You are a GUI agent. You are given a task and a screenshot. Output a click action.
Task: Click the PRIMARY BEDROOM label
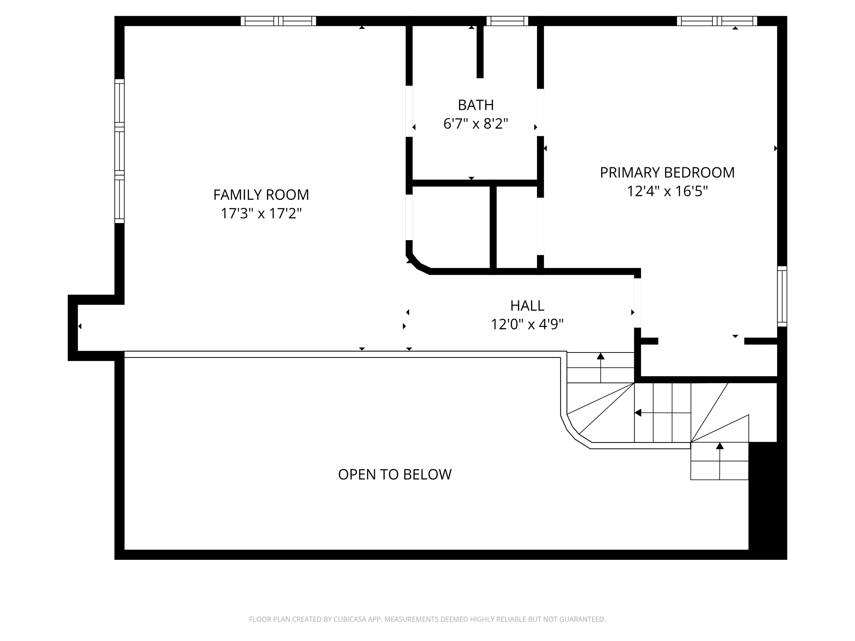pos(667,173)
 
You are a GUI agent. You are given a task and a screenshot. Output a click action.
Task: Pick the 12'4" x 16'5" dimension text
pos(667,191)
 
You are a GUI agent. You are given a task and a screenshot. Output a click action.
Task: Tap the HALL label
pos(527,306)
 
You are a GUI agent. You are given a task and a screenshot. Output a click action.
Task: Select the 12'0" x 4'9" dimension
pos(527,324)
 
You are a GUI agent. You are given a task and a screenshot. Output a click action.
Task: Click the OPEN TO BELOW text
pos(395,474)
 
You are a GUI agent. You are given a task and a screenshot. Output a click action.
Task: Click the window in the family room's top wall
pos(278,21)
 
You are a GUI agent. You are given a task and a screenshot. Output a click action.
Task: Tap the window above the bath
pos(507,21)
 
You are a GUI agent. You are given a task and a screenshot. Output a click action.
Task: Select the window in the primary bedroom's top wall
pos(716,21)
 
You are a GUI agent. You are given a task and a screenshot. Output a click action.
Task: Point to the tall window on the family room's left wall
pos(119,151)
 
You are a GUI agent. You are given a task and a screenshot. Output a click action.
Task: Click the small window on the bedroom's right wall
pos(782,296)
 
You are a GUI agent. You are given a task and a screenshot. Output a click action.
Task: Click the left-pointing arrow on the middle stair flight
pos(638,413)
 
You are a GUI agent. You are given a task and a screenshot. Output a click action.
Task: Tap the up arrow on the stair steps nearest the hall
pos(600,356)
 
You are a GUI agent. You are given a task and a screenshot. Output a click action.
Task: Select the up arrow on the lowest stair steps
pos(719,446)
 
